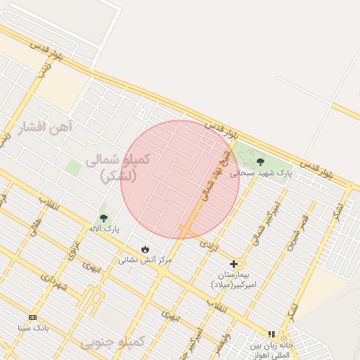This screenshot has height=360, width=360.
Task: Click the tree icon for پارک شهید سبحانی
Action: tap(260, 162)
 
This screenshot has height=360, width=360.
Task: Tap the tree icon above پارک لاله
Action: tap(103, 218)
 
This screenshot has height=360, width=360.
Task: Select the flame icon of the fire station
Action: tap(145, 249)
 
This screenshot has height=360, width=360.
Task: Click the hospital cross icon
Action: tap(233, 264)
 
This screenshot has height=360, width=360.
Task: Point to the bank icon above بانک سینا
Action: tap(32, 317)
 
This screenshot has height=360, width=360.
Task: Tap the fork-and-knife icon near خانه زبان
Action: tap(271, 334)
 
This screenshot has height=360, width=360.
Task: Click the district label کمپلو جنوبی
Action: tap(112, 342)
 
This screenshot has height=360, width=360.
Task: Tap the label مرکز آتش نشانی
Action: tap(144, 259)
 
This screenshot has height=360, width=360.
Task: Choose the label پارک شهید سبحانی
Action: tap(264, 172)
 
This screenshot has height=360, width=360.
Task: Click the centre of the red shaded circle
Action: tap(180, 179)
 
